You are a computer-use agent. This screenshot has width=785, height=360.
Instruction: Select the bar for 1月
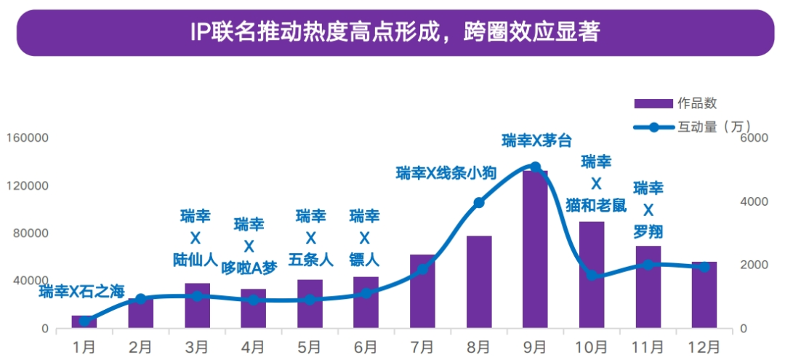click(x=84, y=322)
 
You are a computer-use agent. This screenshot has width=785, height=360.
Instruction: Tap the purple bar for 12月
click(x=704, y=295)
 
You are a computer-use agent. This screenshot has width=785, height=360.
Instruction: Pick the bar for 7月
click(x=422, y=291)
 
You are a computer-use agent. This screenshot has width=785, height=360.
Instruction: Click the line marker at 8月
click(x=479, y=203)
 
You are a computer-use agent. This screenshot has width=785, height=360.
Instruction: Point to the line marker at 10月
click(x=592, y=276)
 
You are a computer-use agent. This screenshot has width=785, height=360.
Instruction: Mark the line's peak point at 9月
click(x=535, y=167)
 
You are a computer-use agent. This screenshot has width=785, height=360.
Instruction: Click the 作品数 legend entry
click(x=675, y=104)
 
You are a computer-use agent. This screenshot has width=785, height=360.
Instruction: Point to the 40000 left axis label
click(x=30, y=281)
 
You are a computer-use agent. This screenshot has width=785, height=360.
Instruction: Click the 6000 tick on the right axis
click(x=754, y=138)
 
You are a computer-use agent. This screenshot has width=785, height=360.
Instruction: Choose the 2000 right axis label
click(x=754, y=265)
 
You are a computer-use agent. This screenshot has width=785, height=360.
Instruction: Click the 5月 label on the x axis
click(x=310, y=346)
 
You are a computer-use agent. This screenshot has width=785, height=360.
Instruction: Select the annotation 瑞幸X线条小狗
click(x=446, y=173)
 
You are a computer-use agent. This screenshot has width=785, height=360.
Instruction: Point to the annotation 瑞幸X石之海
click(x=82, y=292)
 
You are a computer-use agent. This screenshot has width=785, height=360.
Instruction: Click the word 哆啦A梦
click(x=249, y=267)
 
